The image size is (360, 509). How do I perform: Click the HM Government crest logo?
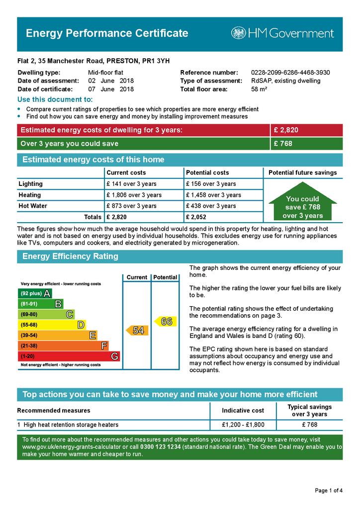tap(238, 33)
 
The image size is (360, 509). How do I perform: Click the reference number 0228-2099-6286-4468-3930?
tap(290, 73)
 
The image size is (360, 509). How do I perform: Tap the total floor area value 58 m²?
tap(259, 89)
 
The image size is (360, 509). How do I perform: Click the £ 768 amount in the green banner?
tap(283, 144)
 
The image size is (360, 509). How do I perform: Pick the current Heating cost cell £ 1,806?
tap(134, 195)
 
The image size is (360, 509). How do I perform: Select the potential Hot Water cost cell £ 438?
tap(211, 206)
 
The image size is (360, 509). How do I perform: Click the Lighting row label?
tap(31, 184)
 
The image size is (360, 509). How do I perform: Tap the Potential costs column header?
tap(207, 172)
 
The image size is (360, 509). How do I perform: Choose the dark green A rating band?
tap(35, 293)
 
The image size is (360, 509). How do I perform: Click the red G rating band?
tap(69, 356)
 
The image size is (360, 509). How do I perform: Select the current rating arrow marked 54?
tap(136, 331)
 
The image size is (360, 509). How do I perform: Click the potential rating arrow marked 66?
tap(165, 322)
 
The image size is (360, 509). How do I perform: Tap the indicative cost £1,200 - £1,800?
tap(243, 425)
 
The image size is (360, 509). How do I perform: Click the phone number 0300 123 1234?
tap(161, 447)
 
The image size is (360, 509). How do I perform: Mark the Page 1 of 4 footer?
tap(329, 491)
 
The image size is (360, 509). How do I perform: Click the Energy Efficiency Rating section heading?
tap(71, 256)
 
